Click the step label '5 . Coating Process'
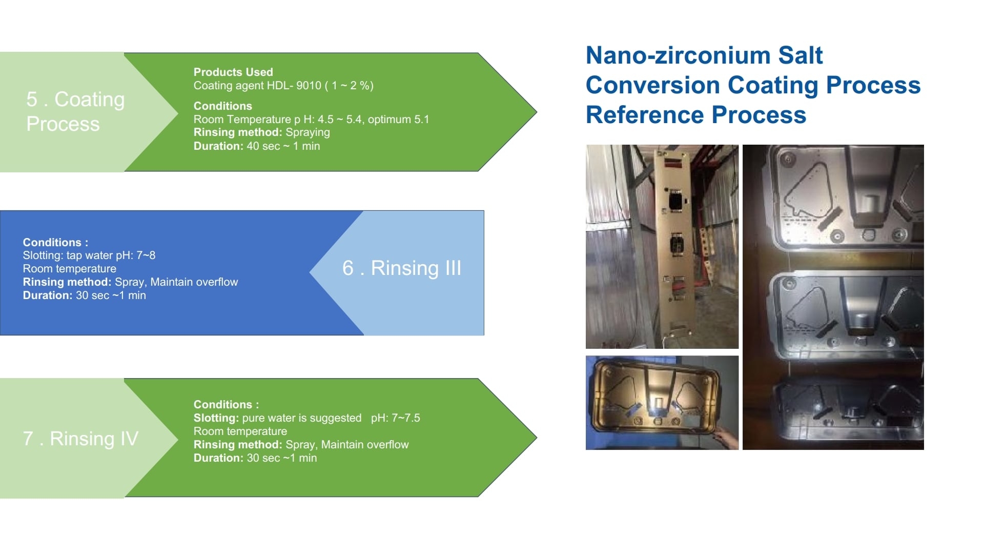pyautogui.click(x=75, y=111)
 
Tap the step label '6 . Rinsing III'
pyautogui.click(x=402, y=268)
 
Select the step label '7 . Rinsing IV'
pyautogui.click(x=80, y=439)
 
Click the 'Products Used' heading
pyautogui.click(x=233, y=72)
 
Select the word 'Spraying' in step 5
pyautogui.click(x=307, y=132)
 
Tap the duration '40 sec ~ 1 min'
pyautogui.click(x=283, y=146)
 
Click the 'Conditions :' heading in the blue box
pyautogui.click(x=55, y=242)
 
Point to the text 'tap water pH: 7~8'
pyautogui.click(x=111, y=255)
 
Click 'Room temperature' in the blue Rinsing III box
pyautogui.click(x=69, y=269)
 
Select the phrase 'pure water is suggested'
pyautogui.click(x=302, y=418)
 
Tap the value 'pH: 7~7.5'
pyautogui.click(x=396, y=418)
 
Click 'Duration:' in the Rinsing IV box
pyautogui.click(x=218, y=458)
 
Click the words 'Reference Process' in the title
pyautogui.click(x=696, y=114)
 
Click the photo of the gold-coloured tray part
pyautogui.click(x=662, y=403)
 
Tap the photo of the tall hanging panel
pyautogui.click(x=662, y=247)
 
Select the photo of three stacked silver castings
pyautogui.click(x=833, y=297)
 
